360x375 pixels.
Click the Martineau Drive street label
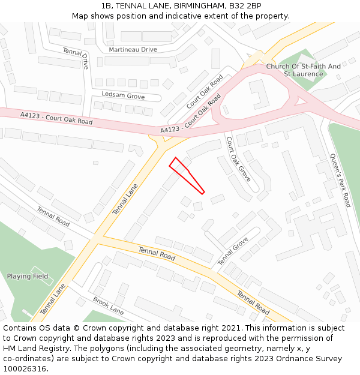[x=132, y=49]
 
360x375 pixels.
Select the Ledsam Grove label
[x=123, y=96]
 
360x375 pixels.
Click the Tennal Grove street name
[x=233, y=251]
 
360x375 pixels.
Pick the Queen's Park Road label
[x=340, y=181]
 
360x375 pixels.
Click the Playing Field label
[x=28, y=277]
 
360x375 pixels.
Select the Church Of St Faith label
[x=304, y=66]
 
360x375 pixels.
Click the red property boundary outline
[x=187, y=175]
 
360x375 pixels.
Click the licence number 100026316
[x=25, y=369]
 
